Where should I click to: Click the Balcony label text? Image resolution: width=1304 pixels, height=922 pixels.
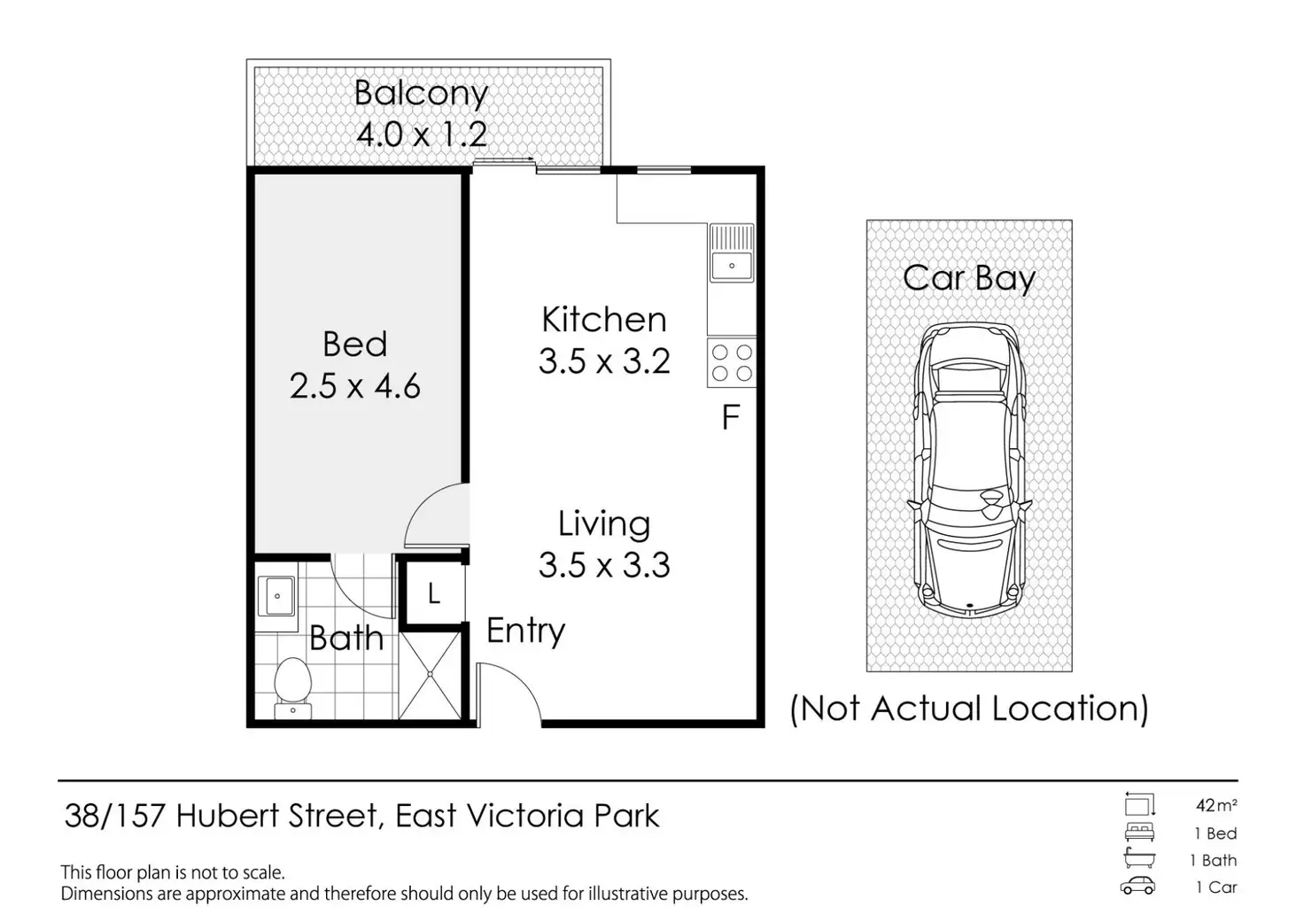[x=421, y=94]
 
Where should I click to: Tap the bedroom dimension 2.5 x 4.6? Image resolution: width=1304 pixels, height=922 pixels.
[x=354, y=386]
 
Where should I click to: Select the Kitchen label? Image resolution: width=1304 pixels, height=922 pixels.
[x=604, y=320]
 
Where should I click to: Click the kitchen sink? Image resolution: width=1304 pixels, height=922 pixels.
[x=732, y=264]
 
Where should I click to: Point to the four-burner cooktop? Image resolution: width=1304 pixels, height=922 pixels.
[x=732, y=363]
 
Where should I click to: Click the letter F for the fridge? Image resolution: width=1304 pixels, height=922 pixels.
[x=731, y=417]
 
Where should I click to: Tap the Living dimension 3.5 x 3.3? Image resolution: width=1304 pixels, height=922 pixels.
[x=604, y=565]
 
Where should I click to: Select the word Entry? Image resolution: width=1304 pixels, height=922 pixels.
[x=525, y=631]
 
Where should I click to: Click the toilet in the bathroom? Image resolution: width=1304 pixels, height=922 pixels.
[x=291, y=685]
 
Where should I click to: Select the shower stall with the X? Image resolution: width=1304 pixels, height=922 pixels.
[x=431, y=676]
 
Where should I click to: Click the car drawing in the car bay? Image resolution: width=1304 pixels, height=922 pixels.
[x=969, y=469]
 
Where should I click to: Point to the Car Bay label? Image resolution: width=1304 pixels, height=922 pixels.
[x=969, y=278]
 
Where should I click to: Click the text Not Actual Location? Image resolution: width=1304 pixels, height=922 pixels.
[x=969, y=709]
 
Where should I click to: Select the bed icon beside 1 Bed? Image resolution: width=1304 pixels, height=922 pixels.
[x=1139, y=833]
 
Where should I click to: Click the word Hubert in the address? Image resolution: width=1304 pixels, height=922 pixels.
[x=229, y=816]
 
